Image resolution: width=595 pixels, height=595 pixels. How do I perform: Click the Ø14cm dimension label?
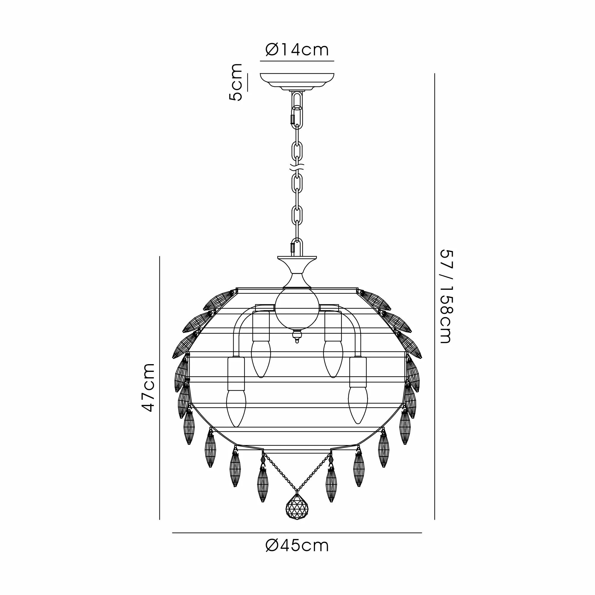[297, 50]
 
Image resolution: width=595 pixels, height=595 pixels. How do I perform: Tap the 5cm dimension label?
[236, 82]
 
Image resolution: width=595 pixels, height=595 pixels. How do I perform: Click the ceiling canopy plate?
[297, 82]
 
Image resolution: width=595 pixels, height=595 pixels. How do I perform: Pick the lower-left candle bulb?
[236, 408]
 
